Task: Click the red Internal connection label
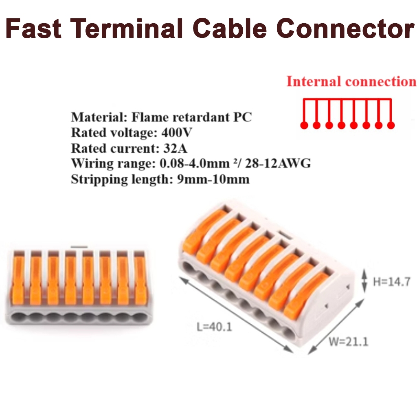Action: (351, 81)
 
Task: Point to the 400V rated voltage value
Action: (177, 133)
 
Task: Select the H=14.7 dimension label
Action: (391, 281)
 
